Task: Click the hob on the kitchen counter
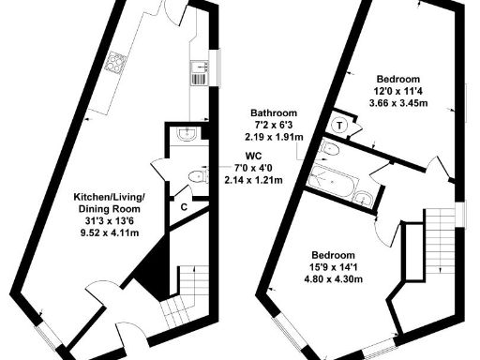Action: coord(117,63)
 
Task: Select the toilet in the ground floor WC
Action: coord(196,176)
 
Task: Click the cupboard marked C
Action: coord(184,205)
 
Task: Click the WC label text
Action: coord(252,155)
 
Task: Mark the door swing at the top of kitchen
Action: coord(175,9)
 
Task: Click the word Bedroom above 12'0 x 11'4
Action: coord(398,79)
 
